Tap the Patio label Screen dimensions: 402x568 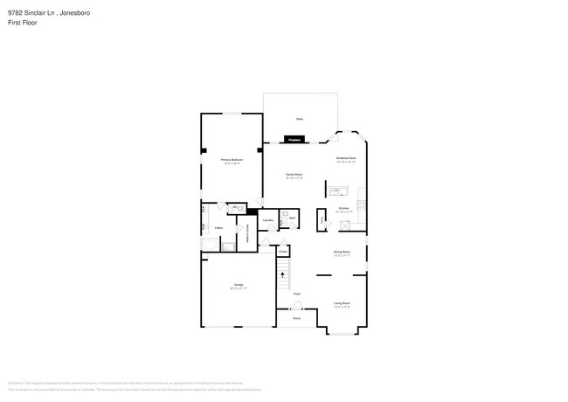[x=299, y=118]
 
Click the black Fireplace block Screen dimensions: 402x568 [x=294, y=139]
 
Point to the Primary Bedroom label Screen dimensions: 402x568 [x=232, y=161]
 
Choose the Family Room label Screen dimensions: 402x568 [x=294, y=176]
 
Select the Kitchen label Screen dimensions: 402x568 [x=343, y=209]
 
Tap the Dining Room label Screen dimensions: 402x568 [x=342, y=253]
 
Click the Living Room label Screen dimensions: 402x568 [x=342, y=304]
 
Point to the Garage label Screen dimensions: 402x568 [x=238, y=286]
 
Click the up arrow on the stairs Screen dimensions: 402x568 [x=282, y=274]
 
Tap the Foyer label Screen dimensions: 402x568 [x=297, y=294]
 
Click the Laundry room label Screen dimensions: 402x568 [x=269, y=219]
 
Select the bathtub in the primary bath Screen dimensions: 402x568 [x=210, y=245]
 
